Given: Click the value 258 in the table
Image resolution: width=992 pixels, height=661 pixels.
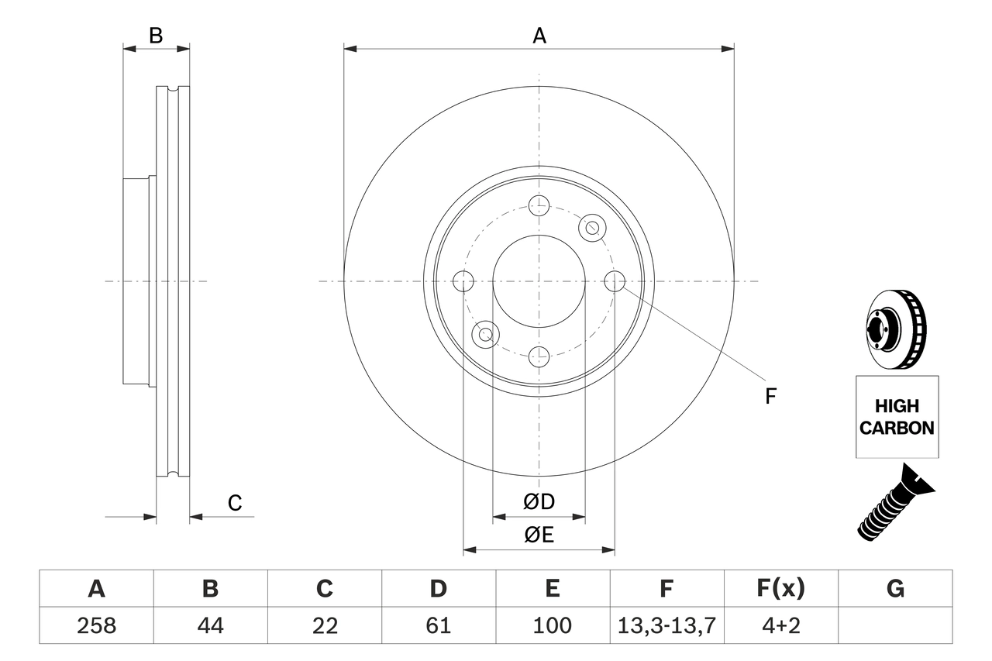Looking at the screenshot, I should coord(96,625).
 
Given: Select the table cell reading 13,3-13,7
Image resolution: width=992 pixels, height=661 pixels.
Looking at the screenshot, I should coord(666,625).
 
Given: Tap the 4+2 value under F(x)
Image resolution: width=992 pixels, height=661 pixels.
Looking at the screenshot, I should coord(780,625).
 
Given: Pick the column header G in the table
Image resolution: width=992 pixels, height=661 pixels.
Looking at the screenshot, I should coord(895,589).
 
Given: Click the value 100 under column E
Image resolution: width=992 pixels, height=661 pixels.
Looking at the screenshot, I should coord(553,625).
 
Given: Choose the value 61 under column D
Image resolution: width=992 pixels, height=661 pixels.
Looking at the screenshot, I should coord(439,625).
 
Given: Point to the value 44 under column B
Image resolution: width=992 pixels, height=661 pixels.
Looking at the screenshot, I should coord(210,625).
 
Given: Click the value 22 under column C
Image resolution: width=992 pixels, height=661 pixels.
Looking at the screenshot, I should coord(324,625).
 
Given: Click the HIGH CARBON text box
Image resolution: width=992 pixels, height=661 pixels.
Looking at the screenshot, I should coord(897,417).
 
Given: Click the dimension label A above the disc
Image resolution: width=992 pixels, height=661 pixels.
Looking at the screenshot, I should coord(539,36).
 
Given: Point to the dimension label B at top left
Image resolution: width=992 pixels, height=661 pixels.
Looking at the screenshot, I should coord(156,36).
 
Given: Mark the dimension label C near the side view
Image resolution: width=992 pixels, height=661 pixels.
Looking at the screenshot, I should coord(235,503).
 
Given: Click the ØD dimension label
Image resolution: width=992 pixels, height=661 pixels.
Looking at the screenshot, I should coord(539,502).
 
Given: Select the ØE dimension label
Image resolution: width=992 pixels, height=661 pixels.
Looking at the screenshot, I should coord(539,535).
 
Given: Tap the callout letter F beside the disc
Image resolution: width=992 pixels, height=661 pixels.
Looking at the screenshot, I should coord(770,397).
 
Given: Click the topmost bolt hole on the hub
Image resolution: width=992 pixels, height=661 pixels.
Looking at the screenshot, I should coord(539,205).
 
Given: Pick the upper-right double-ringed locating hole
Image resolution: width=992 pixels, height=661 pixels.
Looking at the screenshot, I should coord(592,227).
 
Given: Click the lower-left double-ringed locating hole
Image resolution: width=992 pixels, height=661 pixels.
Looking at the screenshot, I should coord(485,334).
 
